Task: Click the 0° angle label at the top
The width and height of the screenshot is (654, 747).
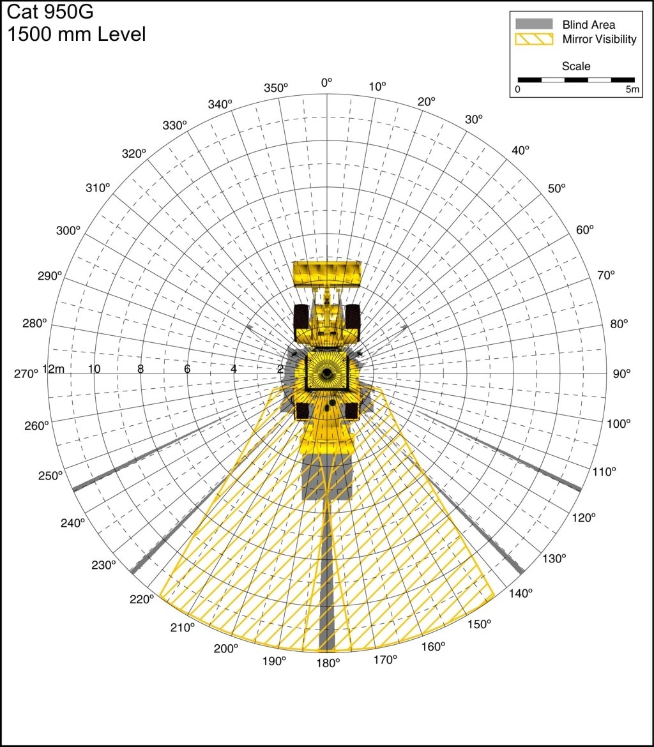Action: pos(326,83)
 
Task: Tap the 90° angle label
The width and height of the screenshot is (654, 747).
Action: pos(621,374)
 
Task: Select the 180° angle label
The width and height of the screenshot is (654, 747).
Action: pos(328,663)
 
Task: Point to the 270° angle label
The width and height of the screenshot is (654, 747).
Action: pos(26,374)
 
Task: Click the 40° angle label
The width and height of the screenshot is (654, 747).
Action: pos(521,150)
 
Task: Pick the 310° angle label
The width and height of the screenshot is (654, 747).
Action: pos(98,188)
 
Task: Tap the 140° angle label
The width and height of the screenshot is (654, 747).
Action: pos(521,593)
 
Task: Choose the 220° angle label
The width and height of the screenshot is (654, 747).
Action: pos(142,599)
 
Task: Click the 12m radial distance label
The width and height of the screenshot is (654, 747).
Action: pos(54,369)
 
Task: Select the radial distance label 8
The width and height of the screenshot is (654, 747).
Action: pos(141,369)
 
